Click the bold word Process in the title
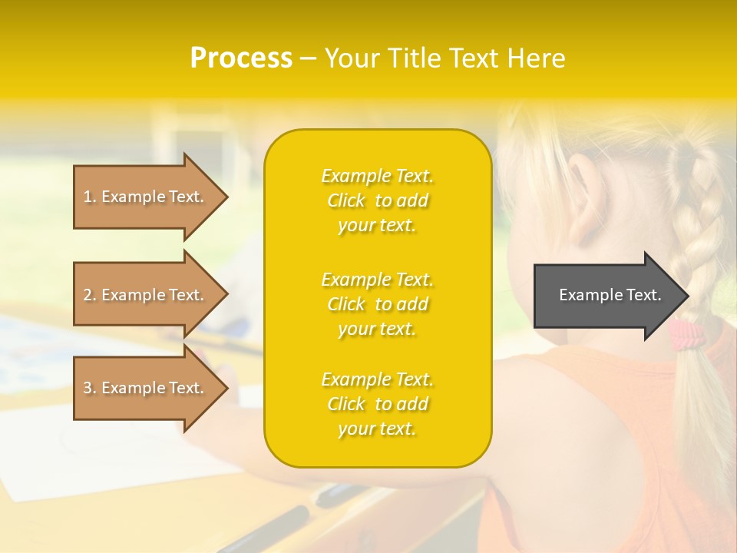[x=241, y=58]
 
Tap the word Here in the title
[x=535, y=58]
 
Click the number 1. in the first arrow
[x=90, y=197]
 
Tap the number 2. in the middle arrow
[x=90, y=295]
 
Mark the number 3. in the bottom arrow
[x=90, y=388]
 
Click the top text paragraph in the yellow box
[x=377, y=200]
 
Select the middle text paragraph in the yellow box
[x=377, y=304]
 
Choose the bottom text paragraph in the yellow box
[x=377, y=404]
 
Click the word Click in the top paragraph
[x=346, y=200]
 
